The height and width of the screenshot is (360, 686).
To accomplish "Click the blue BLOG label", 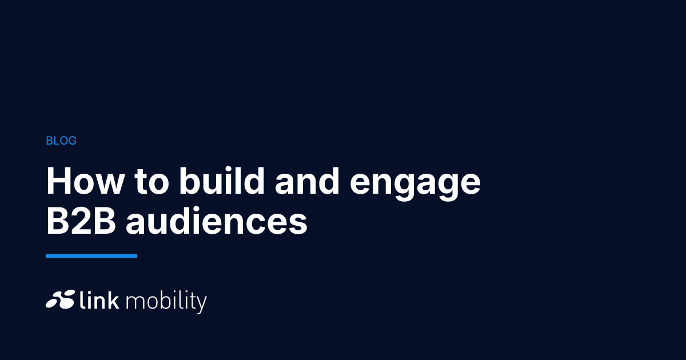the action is click(61, 141).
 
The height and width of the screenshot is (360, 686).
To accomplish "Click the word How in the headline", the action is click(85, 181).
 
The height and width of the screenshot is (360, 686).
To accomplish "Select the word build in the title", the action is click(222, 181).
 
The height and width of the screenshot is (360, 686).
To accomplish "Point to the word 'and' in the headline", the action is click(307, 181).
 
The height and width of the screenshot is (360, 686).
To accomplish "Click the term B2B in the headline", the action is click(81, 221).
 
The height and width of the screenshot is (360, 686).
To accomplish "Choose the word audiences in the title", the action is click(217, 221).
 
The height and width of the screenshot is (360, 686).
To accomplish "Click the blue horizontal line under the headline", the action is click(91, 256).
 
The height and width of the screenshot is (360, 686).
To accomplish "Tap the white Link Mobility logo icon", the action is click(61, 299).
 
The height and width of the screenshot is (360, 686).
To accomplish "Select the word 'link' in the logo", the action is click(99, 299).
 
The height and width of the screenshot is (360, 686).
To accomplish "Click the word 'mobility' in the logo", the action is click(166, 302).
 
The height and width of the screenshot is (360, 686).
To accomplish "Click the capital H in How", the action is click(58, 181).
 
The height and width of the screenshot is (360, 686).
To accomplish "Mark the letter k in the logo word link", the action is click(113, 299).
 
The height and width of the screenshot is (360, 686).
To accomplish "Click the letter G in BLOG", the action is click(72, 141).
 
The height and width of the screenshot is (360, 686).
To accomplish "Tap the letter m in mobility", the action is click(133, 302).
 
